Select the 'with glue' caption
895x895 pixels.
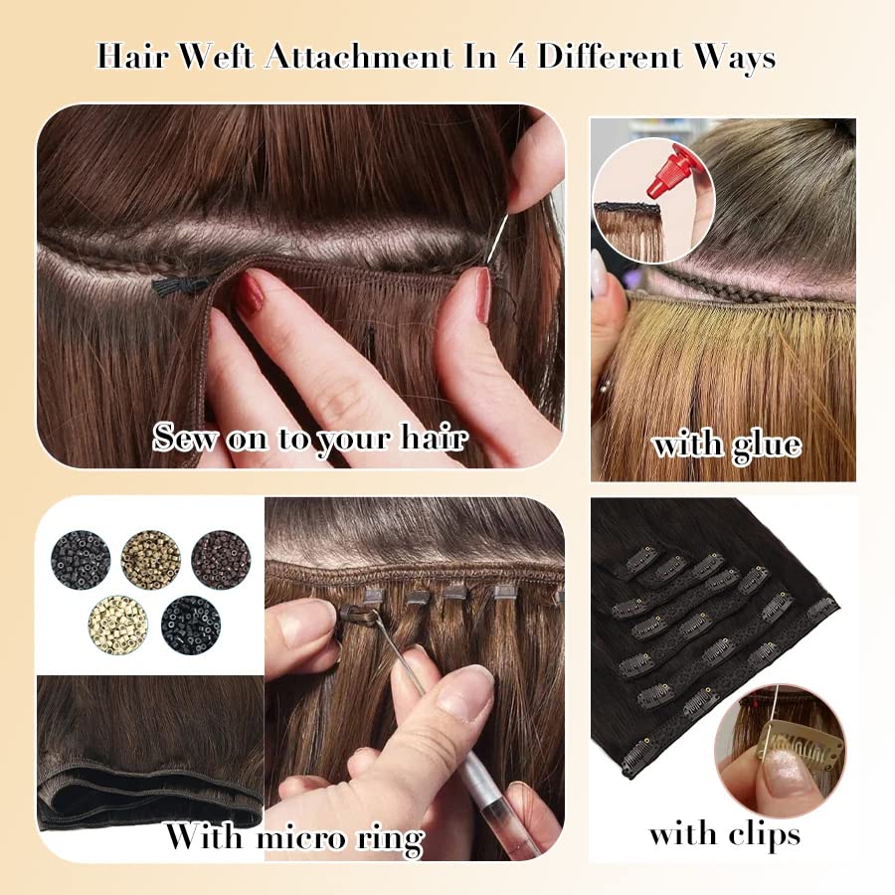[x=726, y=444]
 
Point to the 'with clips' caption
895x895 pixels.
[x=724, y=833]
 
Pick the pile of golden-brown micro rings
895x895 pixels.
[x=150, y=559]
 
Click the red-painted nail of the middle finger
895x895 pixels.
[x=249, y=292]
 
